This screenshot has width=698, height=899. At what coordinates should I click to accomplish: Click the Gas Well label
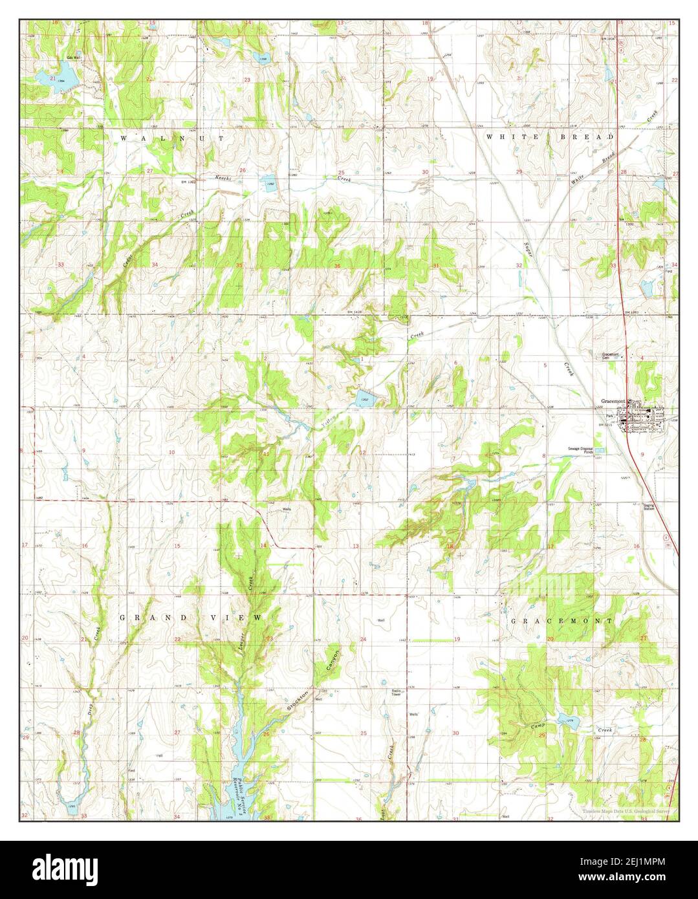pos(72,58)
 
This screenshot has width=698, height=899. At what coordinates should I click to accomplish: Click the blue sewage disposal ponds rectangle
pos(601,449)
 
